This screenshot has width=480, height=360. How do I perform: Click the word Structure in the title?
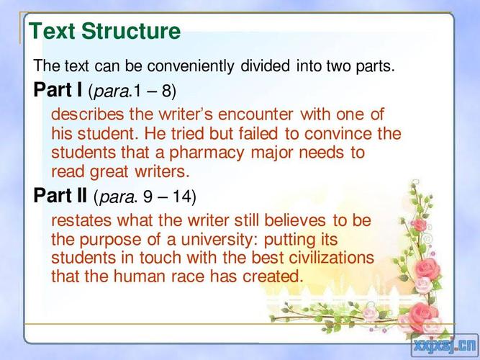(131, 31)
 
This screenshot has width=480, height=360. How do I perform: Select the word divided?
(265, 66)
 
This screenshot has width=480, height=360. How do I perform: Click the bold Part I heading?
(58, 89)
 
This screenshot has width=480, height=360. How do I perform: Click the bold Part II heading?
(60, 195)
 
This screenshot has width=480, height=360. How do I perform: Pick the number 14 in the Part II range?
(182, 196)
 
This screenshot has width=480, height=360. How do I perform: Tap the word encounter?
(255, 114)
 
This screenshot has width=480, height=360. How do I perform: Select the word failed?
(258, 134)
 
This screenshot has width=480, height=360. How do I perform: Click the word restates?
(81, 220)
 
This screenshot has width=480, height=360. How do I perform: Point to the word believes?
(295, 220)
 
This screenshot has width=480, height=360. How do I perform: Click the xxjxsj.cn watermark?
(445, 346)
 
